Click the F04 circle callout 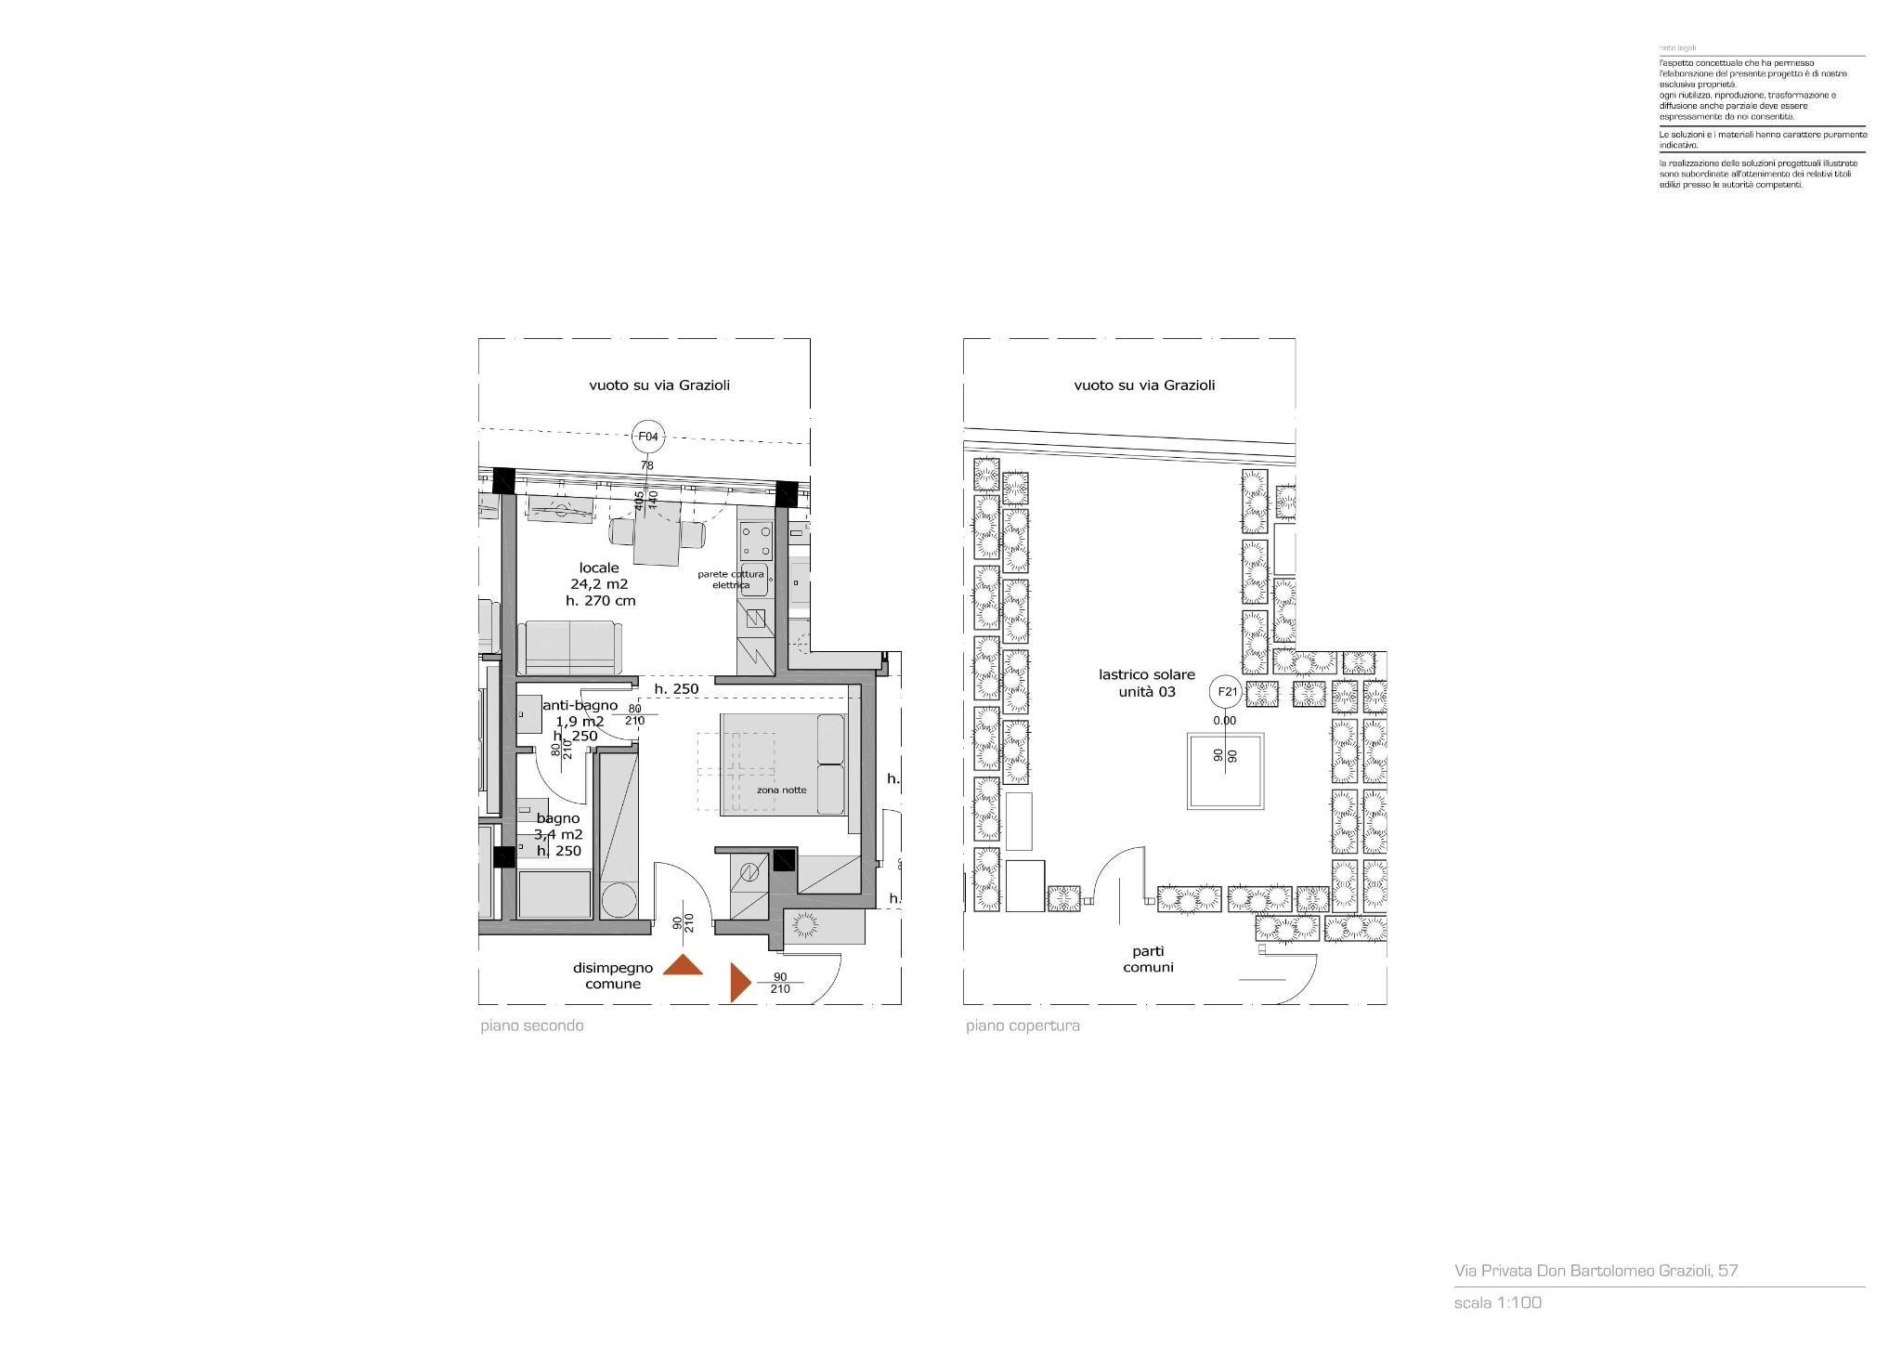(x=647, y=436)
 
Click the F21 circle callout (x=1226, y=692)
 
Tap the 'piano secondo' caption (x=532, y=1026)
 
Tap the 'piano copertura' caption (x=1023, y=1026)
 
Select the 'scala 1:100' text (x=1497, y=1302)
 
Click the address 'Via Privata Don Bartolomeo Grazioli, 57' (x=1596, y=1271)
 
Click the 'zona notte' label (x=781, y=790)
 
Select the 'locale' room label (x=599, y=568)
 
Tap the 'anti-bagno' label (x=580, y=706)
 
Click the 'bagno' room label (x=557, y=818)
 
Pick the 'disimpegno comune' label (x=612, y=975)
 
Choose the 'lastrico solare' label (x=1147, y=675)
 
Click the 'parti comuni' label (x=1148, y=959)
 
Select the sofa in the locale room (x=569, y=646)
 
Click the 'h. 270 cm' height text (x=600, y=601)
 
